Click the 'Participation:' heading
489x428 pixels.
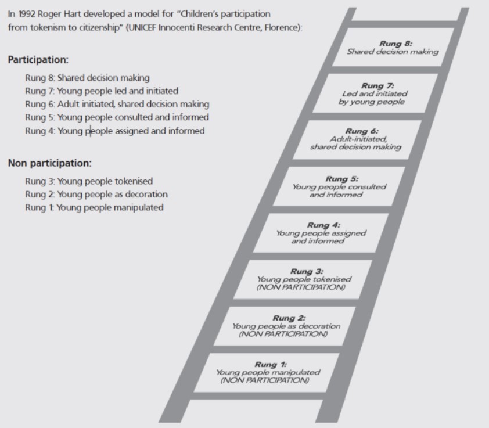pos(38,60)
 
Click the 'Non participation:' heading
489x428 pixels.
pos(50,163)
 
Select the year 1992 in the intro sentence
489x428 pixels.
pos(27,14)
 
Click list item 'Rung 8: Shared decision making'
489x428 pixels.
pos(87,78)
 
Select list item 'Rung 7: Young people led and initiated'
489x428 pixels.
pos(102,91)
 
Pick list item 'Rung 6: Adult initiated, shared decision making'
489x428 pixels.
pos(117,104)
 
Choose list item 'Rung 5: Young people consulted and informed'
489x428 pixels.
pos(117,117)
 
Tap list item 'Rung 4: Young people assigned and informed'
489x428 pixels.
pos(115,131)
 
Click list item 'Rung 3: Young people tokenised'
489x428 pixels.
pos(89,181)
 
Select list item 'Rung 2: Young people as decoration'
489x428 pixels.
pos(96,195)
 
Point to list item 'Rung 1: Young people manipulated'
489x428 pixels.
pos(94,207)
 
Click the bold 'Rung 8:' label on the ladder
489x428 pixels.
pos(395,44)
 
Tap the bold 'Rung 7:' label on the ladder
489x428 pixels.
pos(377,86)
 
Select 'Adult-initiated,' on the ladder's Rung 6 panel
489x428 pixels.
pos(358,139)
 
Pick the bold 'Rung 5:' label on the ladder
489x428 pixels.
pos(342,179)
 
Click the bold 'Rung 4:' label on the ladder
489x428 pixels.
pos(323,225)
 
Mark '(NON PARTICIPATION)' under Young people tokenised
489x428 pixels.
pos(301,287)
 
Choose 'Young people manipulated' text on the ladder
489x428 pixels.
pos(268,372)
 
